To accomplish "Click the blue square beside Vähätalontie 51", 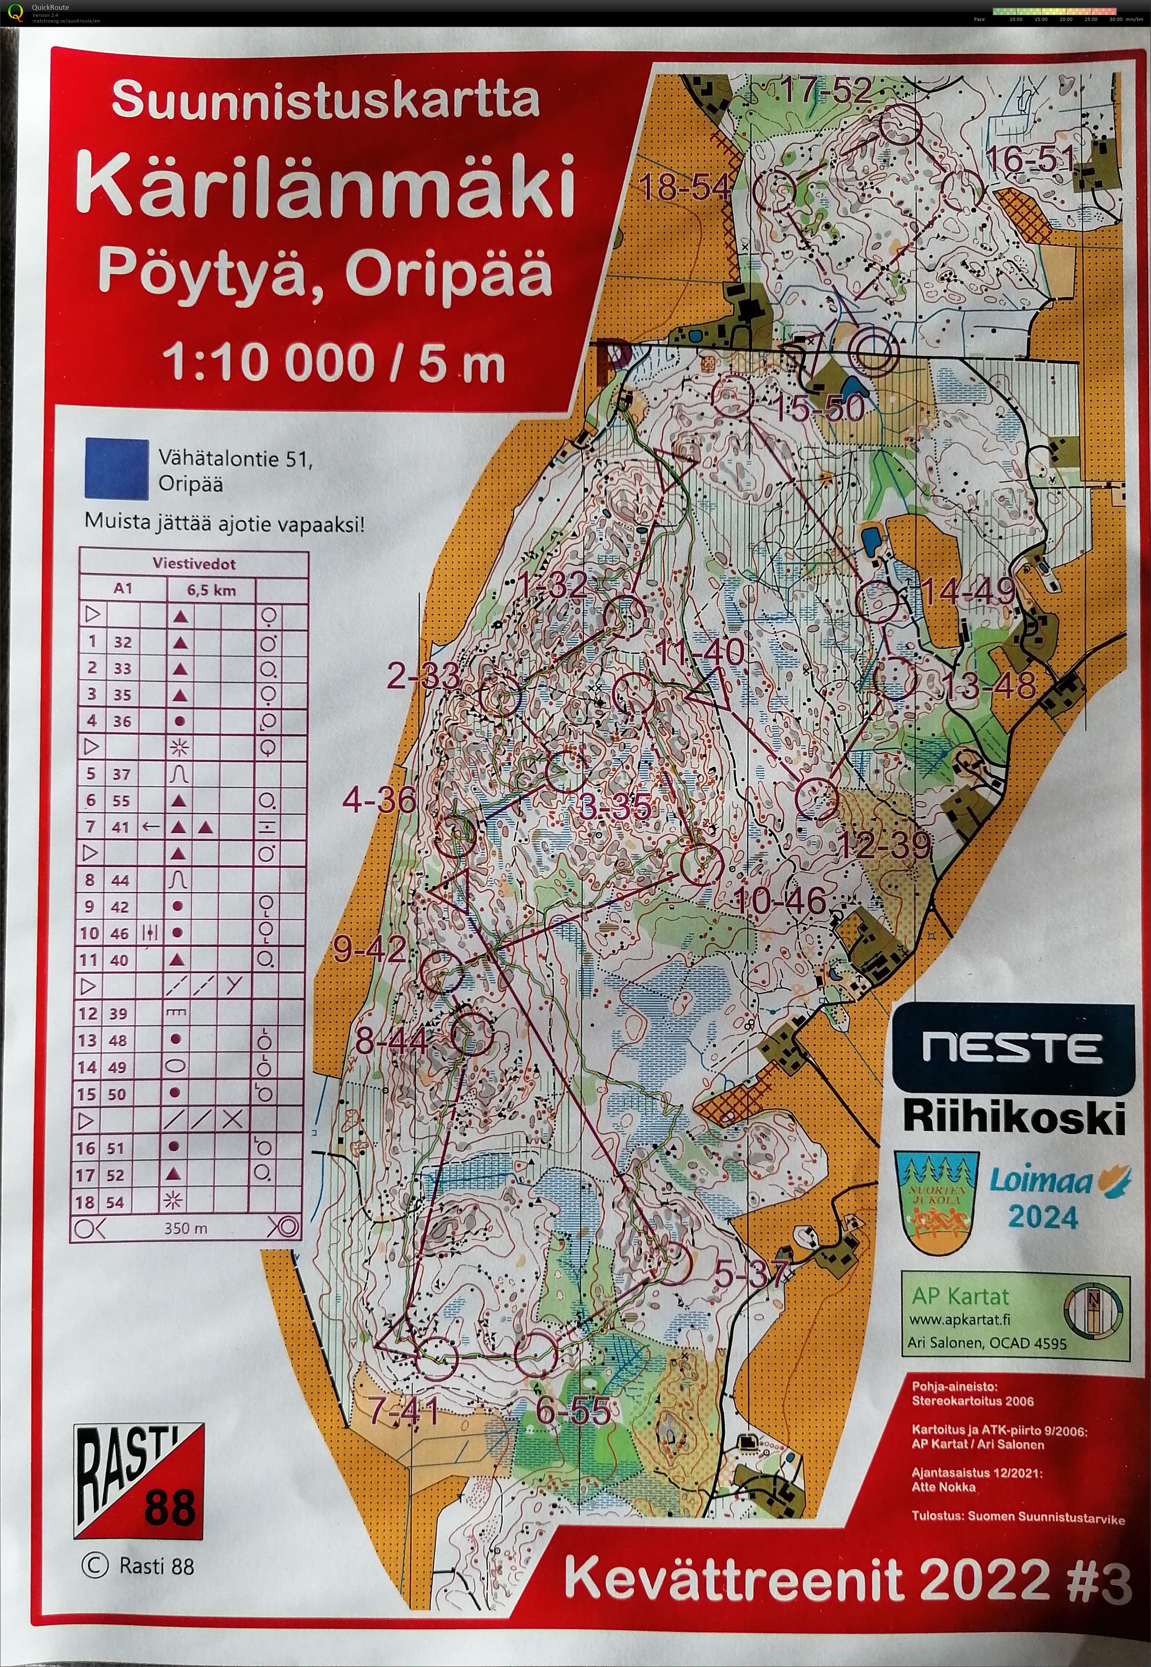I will [117, 468].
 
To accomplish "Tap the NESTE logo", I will [1011, 1048].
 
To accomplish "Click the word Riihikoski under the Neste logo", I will [1013, 1118].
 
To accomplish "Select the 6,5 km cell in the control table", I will [212, 590].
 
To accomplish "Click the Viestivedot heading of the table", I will [193, 564].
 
